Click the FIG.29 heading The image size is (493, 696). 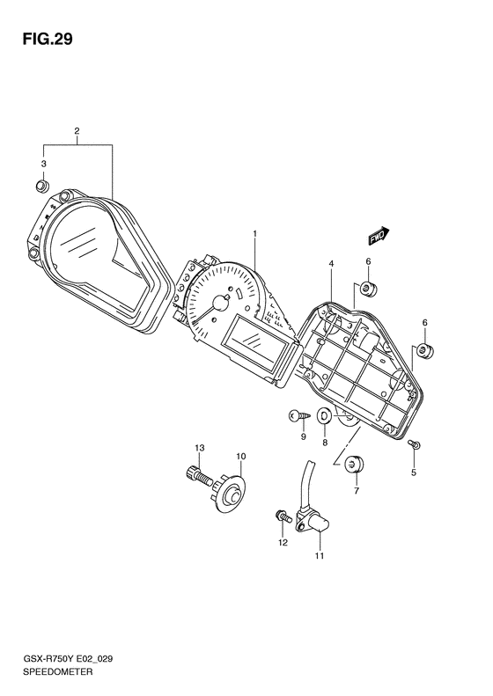[x=48, y=40]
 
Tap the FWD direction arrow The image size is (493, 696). [x=379, y=236]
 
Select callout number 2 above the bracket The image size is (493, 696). [x=77, y=131]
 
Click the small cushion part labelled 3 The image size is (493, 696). [x=41, y=186]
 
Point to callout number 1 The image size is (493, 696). [x=255, y=233]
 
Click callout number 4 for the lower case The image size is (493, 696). [x=331, y=264]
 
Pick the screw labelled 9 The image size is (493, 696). [x=298, y=416]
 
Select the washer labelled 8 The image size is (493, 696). [x=325, y=416]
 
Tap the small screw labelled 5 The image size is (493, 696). [x=415, y=443]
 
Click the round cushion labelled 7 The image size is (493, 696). [x=354, y=465]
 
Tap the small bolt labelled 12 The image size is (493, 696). [x=283, y=517]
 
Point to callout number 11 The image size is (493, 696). [x=320, y=555]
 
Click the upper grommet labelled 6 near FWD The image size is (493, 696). [x=367, y=289]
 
